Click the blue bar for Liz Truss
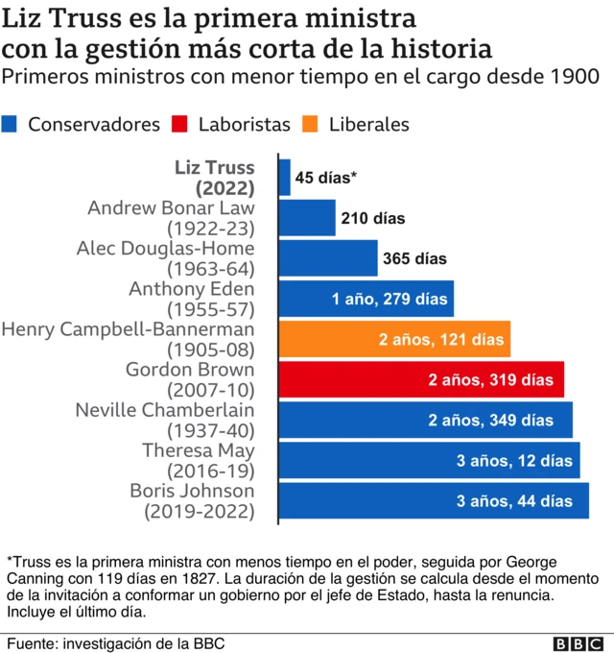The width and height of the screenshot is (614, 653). pyautogui.click(x=285, y=178)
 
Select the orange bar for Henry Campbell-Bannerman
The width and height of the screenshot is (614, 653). pyautogui.click(x=394, y=339)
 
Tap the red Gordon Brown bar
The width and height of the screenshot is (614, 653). pyautogui.click(x=421, y=379)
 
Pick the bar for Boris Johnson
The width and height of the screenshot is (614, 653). pyautogui.click(x=434, y=500)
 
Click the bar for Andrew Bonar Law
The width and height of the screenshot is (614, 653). pyautogui.click(x=307, y=218)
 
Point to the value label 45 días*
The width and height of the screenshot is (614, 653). pyautogui.click(x=326, y=178)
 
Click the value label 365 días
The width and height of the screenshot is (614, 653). pyautogui.click(x=414, y=258)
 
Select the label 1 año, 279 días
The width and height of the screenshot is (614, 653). pyautogui.click(x=390, y=300)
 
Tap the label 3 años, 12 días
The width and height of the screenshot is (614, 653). pyautogui.click(x=514, y=461)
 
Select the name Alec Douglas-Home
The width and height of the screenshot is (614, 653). pyautogui.click(x=165, y=249)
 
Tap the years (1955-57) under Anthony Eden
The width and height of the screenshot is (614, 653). pyautogui.click(x=210, y=309)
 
